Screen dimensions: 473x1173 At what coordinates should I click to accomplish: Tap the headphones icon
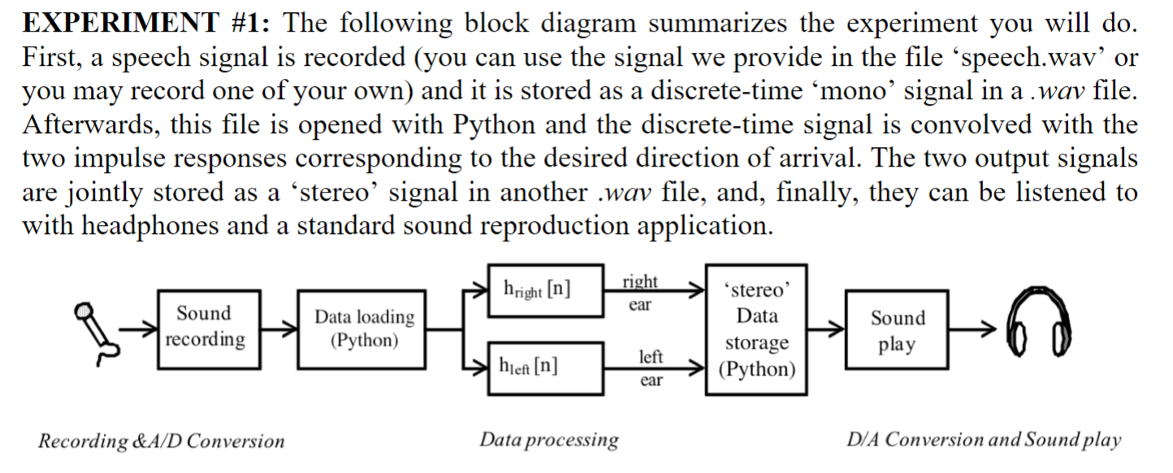1039,328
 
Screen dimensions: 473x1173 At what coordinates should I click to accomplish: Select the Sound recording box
204,327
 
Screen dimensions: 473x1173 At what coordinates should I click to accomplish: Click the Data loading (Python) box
364,328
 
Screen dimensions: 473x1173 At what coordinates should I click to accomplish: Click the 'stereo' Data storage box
756,329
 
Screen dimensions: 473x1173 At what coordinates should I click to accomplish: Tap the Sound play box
897,330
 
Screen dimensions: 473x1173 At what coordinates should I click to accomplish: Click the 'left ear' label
651,367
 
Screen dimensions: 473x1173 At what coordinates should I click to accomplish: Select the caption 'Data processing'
548,440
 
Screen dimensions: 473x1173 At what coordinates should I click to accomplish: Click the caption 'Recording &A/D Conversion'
161,441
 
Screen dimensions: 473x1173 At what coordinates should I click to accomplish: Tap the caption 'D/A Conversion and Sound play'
983,440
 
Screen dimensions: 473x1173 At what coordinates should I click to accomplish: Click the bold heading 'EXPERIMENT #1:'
149,23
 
